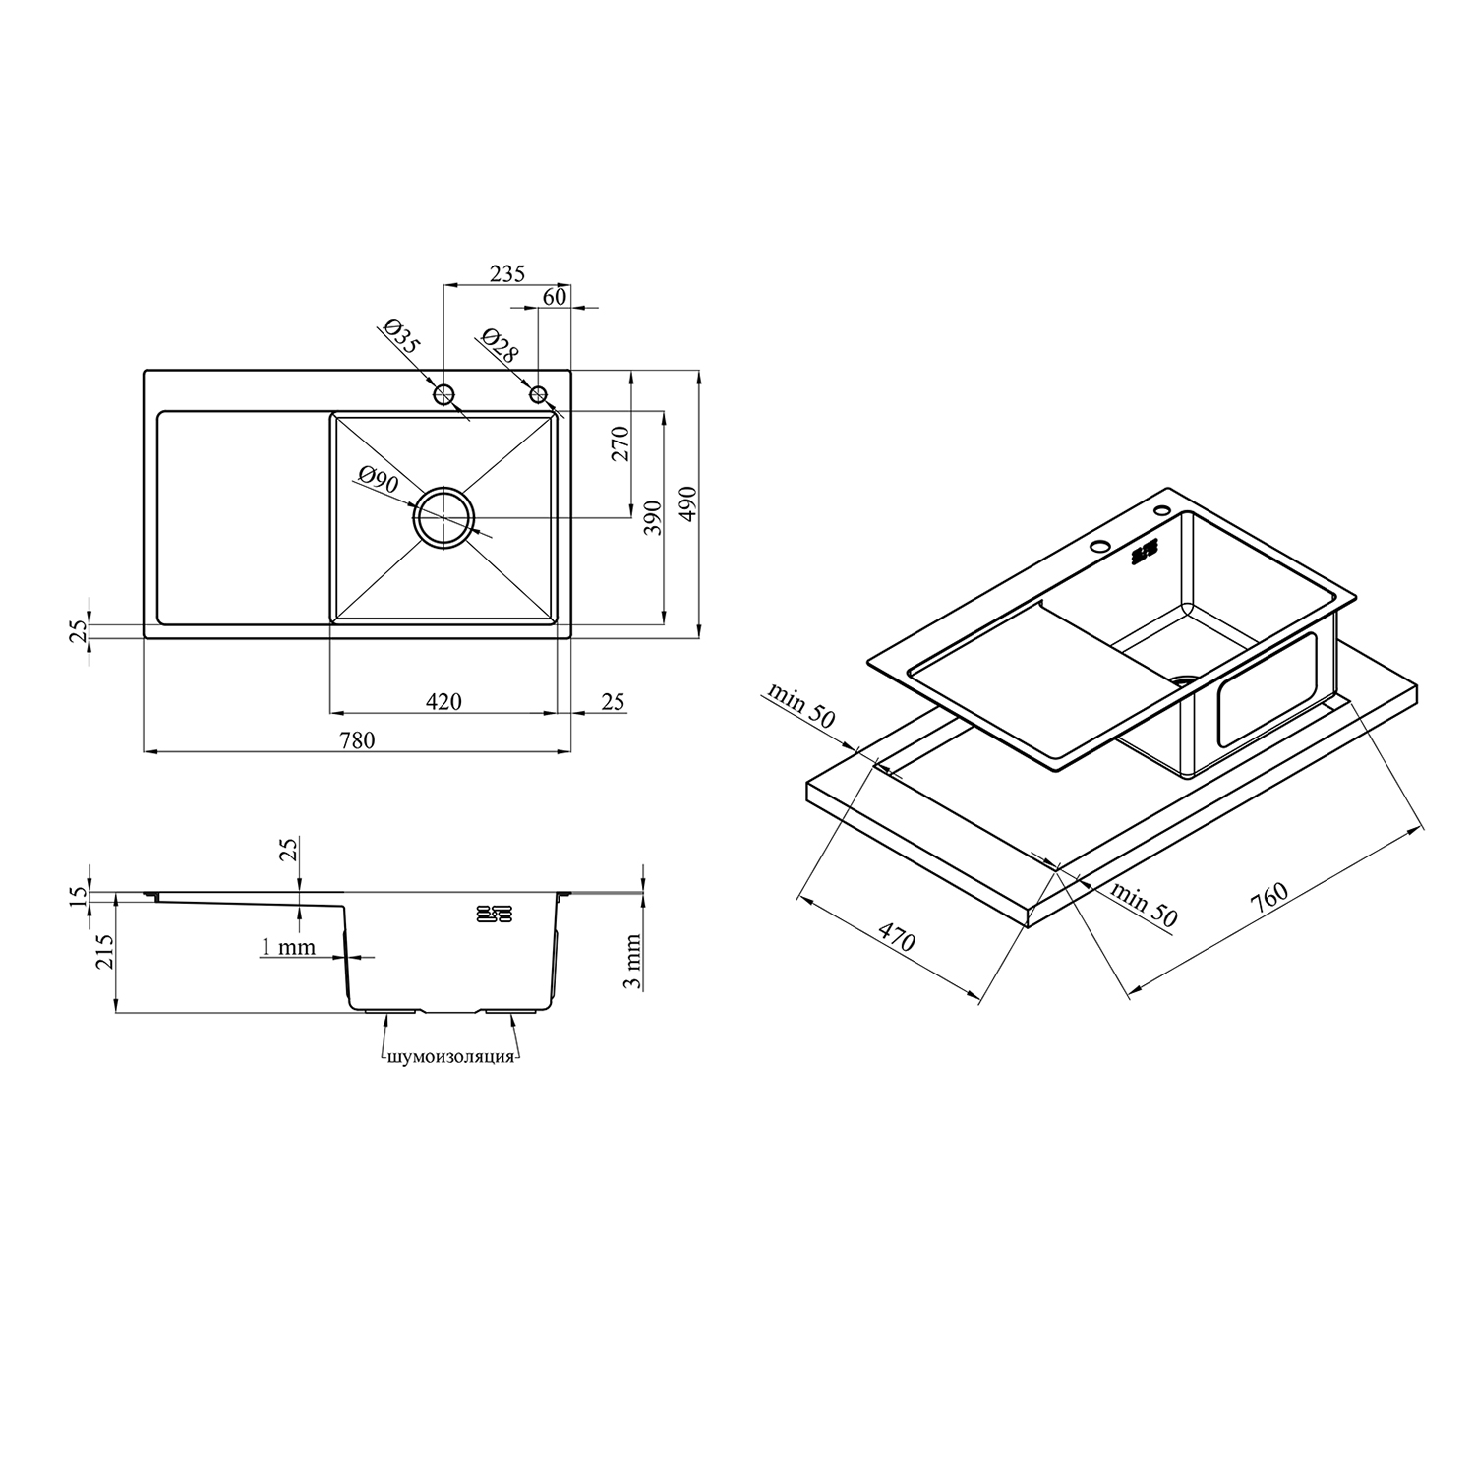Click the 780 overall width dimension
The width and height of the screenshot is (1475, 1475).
pyautogui.click(x=358, y=740)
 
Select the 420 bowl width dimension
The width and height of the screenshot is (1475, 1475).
pyautogui.click(x=443, y=701)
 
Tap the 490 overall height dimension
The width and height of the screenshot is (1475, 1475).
pyautogui.click(x=687, y=504)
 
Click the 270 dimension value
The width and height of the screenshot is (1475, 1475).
pyautogui.click(x=620, y=444)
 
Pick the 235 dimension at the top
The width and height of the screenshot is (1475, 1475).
pyautogui.click(x=507, y=273)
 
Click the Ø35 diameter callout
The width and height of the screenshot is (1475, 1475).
pyautogui.click(x=401, y=337)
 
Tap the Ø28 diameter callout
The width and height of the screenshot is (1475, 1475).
pyautogui.click(x=500, y=345)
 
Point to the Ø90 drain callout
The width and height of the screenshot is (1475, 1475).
pyautogui.click(x=378, y=481)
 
